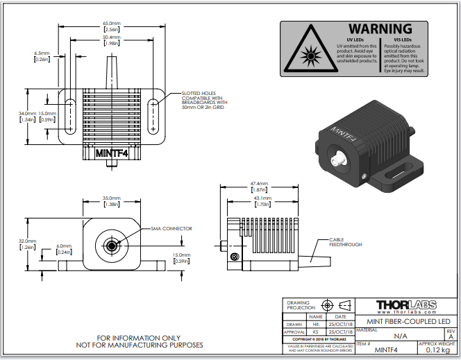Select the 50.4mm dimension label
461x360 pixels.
pos(111,39)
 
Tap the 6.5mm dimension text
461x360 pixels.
pos(41,53)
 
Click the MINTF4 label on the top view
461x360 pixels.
pos(111,153)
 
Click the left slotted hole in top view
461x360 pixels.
pos(69,115)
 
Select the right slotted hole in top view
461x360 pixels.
pos(153,115)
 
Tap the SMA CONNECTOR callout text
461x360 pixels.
pos(171,228)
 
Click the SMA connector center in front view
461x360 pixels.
pos(111,246)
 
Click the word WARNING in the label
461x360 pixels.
pos(380,29)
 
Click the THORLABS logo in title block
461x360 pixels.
pos(405,307)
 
